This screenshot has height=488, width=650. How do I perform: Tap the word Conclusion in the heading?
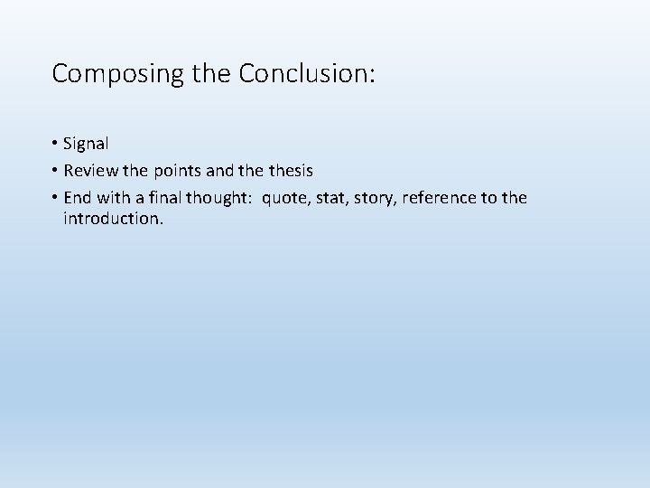pos(303,73)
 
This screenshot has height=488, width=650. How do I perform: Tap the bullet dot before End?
pos(55,197)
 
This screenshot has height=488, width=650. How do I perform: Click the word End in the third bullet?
pos(79,196)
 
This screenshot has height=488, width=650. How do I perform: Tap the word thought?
pos(221,197)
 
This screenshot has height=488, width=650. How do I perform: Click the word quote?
pos(285,197)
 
